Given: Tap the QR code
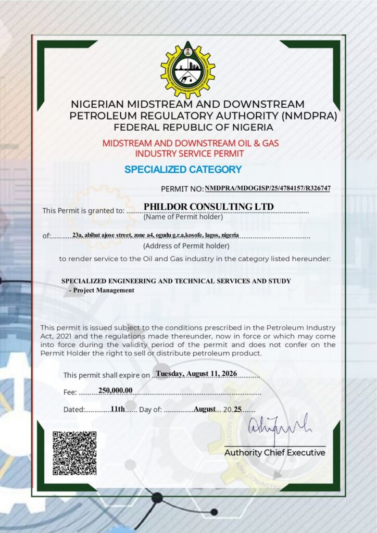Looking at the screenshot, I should pyautogui.click(x=74, y=452).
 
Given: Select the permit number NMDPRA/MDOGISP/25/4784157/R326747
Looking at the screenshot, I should pyautogui.click(x=268, y=188).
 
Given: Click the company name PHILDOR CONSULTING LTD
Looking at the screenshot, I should pyautogui.click(x=208, y=207).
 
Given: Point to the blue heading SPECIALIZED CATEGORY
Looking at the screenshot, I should pyautogui.click(x=183, y=169).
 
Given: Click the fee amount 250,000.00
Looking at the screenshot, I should pyautogui.click(x=116, y=390).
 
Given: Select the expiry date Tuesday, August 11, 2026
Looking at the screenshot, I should pyautogui.click(x=197, y=373).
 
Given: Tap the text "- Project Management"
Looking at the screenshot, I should pyautogui.click(x=101, y=290).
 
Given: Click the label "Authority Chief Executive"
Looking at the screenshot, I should pyautogui.click(x=274, y=453).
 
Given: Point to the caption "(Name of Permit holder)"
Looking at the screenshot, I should pyautogui.click(x=183, y=217).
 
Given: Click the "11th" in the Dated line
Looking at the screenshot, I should pyautogui.click(x=118, y=409).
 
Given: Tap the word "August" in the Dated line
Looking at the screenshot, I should pyautogui.click(x=205, y=409).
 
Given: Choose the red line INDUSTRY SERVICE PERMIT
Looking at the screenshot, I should pyautogui.click(x=189, y=154).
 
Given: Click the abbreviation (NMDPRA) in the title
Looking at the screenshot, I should pyautogui.click(x=309, y=116).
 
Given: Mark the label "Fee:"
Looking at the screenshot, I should pyautogui.click(x=70, y=392).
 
